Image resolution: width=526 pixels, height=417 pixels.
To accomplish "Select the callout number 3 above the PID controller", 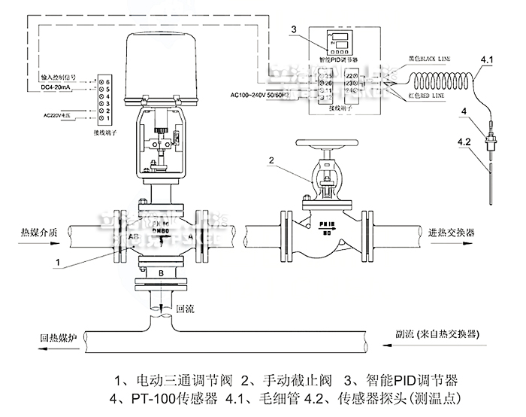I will [x=295, y=29].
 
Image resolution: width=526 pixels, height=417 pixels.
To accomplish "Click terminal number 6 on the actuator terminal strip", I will [x=107, y=80].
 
